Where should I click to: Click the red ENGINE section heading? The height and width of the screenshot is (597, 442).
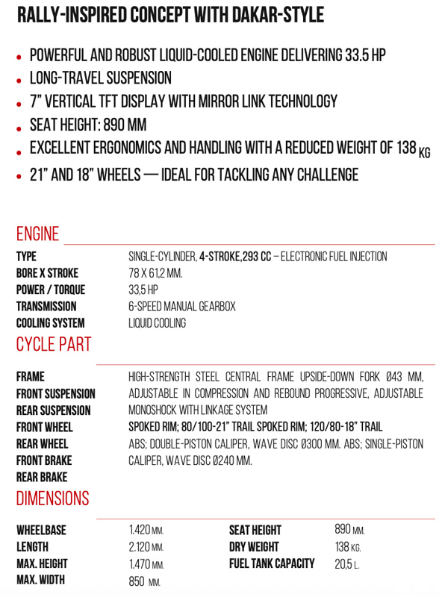[37, 234]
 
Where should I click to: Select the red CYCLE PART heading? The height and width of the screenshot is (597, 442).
[53, 344]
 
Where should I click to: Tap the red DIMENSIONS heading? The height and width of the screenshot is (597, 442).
[52, 498]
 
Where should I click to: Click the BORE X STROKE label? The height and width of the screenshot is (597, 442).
[47, 273]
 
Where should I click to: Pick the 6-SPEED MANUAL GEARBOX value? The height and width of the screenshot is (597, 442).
[181, 306]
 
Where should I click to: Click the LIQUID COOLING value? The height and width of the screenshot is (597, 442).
[157, 323]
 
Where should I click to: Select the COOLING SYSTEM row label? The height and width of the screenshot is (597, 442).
[50, 323]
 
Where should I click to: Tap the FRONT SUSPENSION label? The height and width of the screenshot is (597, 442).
[55, 393]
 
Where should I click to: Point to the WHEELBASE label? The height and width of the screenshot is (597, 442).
[41, 531]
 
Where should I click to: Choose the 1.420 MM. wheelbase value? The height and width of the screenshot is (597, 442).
[146, 531]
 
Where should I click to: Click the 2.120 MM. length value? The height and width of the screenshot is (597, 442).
[146, 547]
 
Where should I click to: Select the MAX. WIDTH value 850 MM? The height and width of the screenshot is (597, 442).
[144, 581]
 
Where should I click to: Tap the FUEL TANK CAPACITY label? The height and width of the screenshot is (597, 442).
[272, 563]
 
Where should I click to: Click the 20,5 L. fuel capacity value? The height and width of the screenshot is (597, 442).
[346, 564]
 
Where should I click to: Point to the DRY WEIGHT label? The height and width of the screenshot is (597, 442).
[255, 547]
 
